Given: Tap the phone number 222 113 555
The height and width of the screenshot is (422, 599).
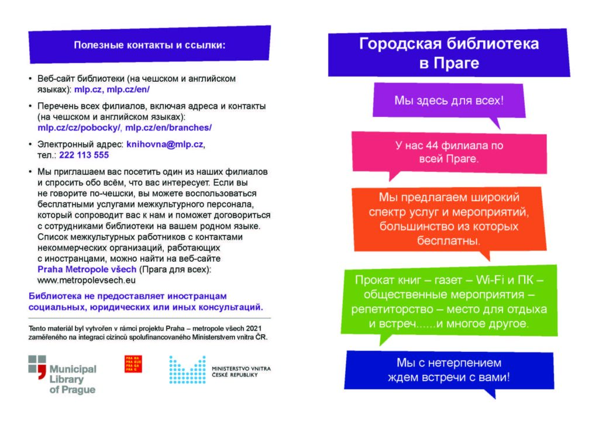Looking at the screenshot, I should pos(84,155).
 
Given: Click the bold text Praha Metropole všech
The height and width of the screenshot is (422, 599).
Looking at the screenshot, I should pos(87,269).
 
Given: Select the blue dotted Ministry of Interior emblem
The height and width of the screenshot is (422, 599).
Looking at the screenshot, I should pos(187,369).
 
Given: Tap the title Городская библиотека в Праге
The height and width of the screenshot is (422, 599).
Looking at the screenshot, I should pos(449,53).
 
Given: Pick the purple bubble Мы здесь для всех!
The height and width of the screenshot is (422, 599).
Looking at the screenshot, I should pos(448,101).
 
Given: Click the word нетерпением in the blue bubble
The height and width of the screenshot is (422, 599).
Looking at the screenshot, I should pos(459,364).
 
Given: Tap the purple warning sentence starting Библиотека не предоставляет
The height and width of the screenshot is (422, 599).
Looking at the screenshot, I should pos(146,301).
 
